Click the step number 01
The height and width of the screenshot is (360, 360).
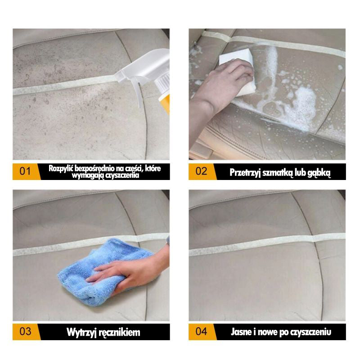pos(25,171)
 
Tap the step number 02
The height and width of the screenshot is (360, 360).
pos(201,171)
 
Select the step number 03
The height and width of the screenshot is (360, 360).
pos(25,332)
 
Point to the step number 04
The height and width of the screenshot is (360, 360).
pos(201,332)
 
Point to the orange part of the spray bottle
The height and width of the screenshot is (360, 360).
pos(165,104)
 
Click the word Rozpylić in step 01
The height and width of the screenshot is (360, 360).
pos(61,168)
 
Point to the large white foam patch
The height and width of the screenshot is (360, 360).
pos(298,108)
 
